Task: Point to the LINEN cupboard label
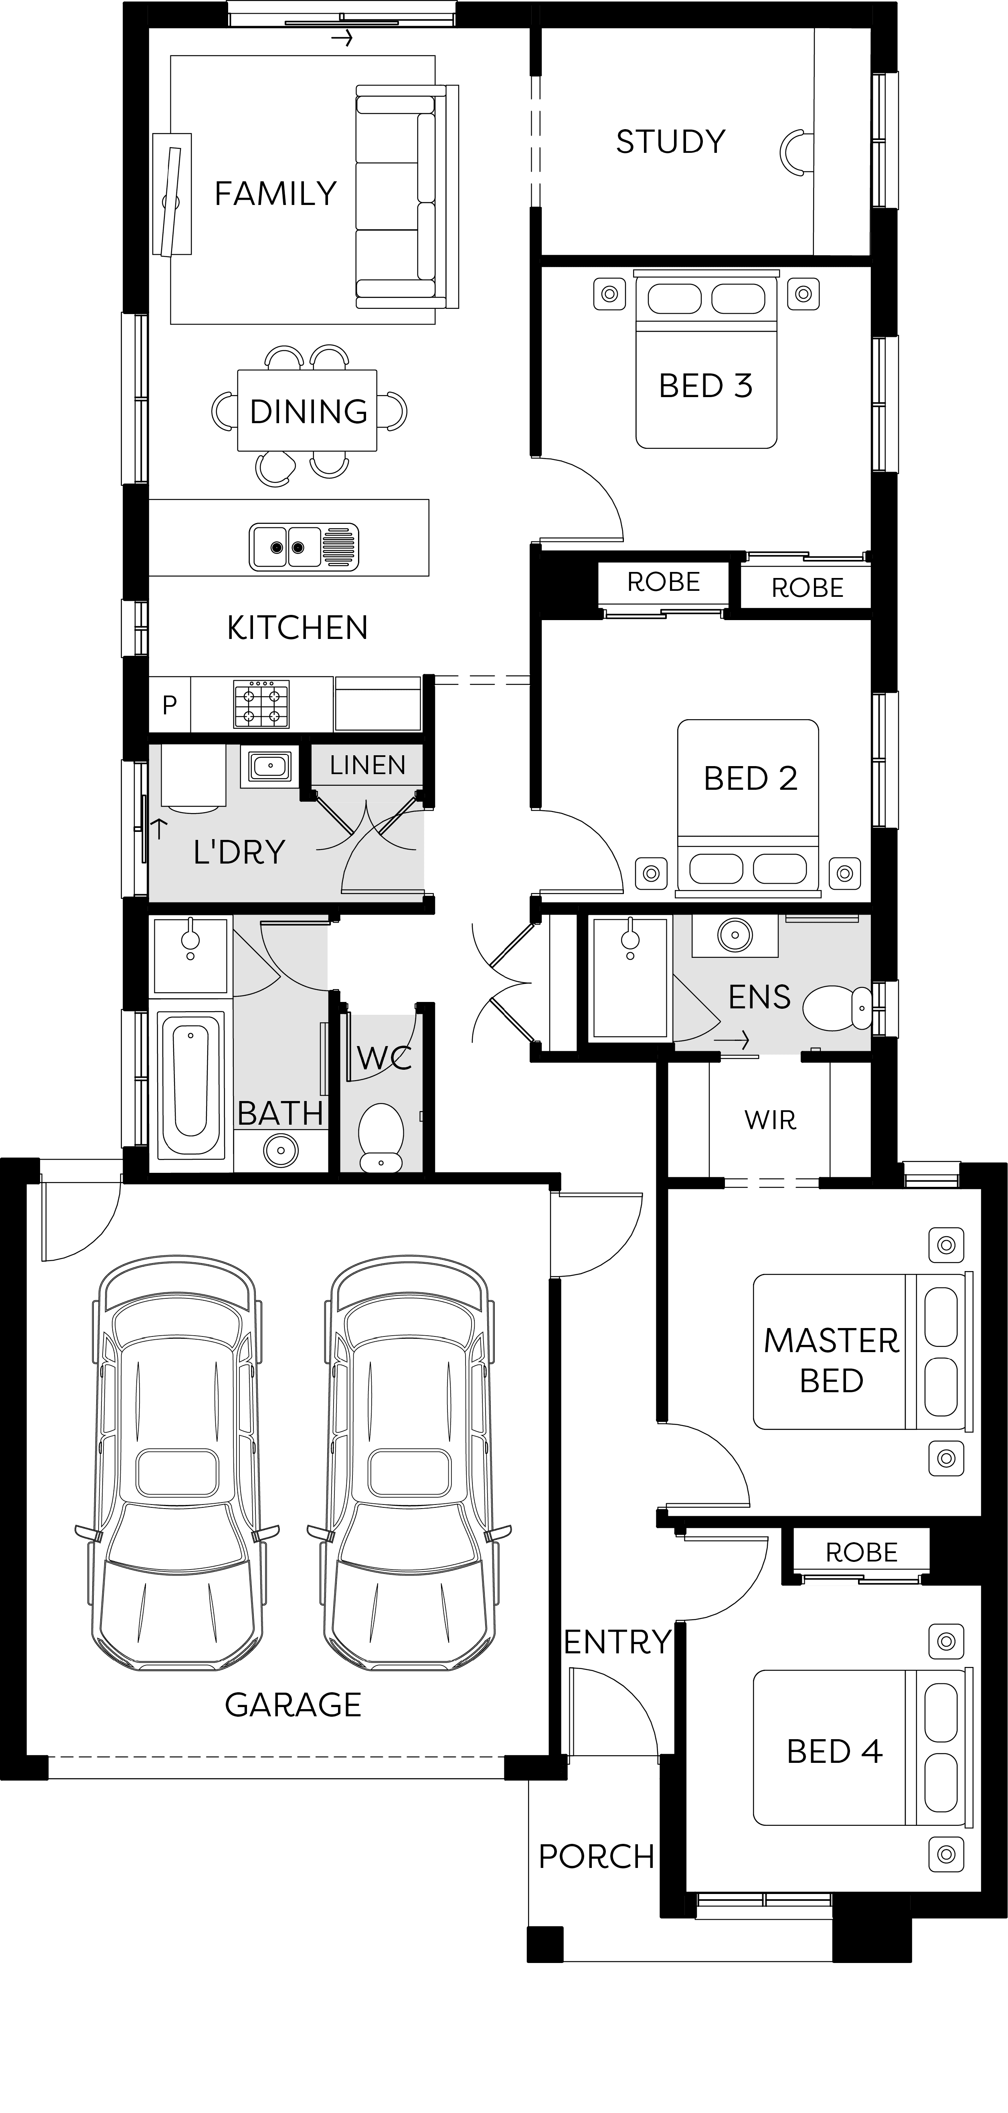click(x=367, y=765)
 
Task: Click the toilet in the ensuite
click(x=838, y=1007)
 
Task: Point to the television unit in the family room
click(x=172, y=195)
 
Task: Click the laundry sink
click(x=270, y=766)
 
